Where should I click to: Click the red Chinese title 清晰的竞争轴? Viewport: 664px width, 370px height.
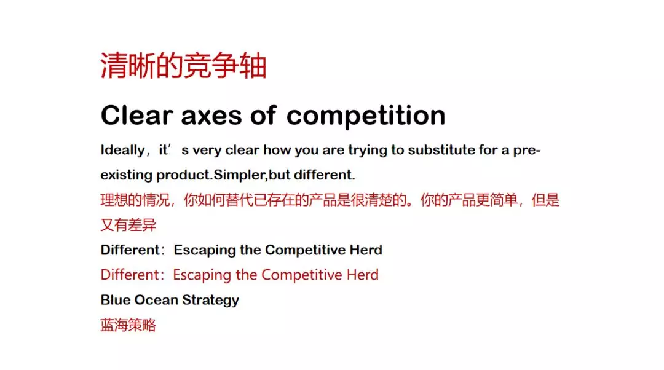coord(183,66)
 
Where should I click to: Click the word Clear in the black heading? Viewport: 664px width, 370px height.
coord(137,115)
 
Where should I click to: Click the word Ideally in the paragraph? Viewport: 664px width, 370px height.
coord(123,150)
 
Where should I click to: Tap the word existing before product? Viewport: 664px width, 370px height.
coord(126,175)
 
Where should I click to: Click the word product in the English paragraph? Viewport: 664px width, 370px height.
coord(183,175)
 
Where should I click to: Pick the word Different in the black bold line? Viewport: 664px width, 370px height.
coord(130,250)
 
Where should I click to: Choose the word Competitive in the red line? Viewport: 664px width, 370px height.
coord(301,275)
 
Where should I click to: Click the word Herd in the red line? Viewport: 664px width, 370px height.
coord(363,275)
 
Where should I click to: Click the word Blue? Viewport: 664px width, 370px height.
coord(116,300)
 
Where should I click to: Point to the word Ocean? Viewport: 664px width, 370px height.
coord(156,300)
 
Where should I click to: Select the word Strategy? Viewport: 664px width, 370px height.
coord(210,301)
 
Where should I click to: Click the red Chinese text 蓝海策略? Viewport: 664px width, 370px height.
coord(128,325)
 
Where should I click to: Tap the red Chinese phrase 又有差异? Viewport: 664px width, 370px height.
coord(128,225)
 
